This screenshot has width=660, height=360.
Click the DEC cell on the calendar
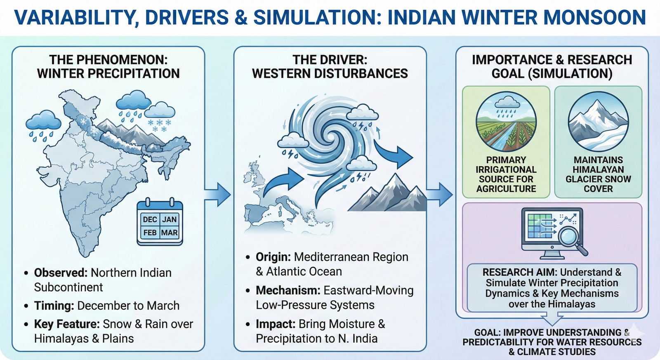pyautogui.click(x=150, y=219)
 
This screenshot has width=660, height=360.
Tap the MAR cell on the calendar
pyautogui.click(x=169, y=233)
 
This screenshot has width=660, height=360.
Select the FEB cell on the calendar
pyautogui.click(x=150, y=233)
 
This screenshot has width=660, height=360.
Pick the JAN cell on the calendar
pyautogui.click(x=169, y=219)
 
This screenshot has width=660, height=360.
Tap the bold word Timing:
pyautogui.click(x=54, y=306)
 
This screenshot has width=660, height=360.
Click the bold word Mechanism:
pyautogui.click(x=288, y=290)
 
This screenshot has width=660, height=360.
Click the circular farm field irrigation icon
pyautogui.click(x=506, y=122)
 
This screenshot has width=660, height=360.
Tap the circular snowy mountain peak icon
pyautogui.click(x=598, y=122)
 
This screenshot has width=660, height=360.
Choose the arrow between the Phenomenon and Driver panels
pyautogui.click(x=218, y=194)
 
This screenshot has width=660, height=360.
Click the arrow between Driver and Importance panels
pyautogui.click(x=440, y=194)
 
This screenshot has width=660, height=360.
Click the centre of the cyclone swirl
pyautogui.click(x=330, y=134)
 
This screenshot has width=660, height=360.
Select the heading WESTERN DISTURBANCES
pyautogui.click(x=330, y=74)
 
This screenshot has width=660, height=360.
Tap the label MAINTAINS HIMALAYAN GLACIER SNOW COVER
pyautogui.click(x=598, y=174)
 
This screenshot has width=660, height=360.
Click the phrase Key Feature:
pyautogui.click(x=67, y=324)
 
